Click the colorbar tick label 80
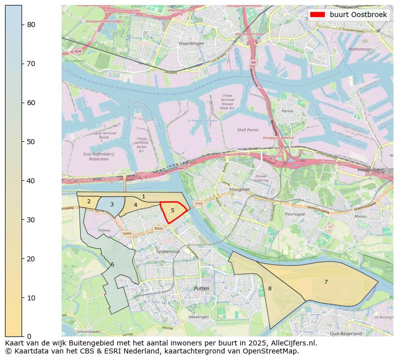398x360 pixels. [x=31, y=25]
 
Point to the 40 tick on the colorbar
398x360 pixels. [x=31, y=181]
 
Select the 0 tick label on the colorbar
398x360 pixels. [x=29, y=336]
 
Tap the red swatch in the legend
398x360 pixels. [x=317, y=15]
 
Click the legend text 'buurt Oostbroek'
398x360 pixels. [x=358, y=15]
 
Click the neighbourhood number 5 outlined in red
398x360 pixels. [x=172, y=211]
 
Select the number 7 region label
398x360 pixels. [x=326, y=282]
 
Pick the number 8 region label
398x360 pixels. [x=270, y=289]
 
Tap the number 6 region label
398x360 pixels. [x=112, y=265]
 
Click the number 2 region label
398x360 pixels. [x=89, y=202]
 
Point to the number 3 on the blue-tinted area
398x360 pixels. [x=112, y=204]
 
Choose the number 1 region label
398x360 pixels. [x=143, y=197]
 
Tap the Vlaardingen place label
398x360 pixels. [x=191, y=44]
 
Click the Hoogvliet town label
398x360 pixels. [x=239, y=190]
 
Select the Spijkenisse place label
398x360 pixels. [x=167, y=251]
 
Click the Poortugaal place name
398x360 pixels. [x=295, y=214]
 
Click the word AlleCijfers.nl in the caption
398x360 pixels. [x=295, y=343]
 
